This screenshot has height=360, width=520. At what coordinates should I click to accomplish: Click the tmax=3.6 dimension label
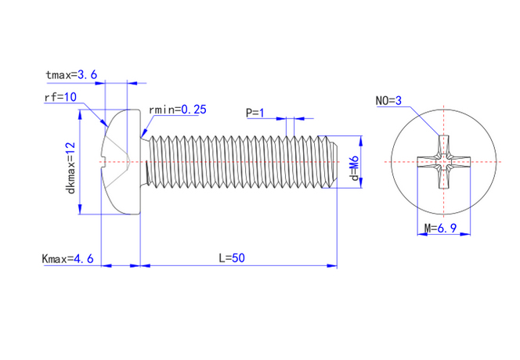coord(71,75)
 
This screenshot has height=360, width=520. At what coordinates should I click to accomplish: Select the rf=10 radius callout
coord(60,97)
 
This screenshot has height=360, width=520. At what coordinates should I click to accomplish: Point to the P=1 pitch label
coord(255,113)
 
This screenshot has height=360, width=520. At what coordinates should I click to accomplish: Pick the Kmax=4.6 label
coord(67,257)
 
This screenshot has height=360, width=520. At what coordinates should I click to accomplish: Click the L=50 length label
coord(232,257)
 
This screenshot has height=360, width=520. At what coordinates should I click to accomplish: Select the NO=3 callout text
coord(388,102)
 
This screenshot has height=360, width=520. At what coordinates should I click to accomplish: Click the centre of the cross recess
coord(444,164)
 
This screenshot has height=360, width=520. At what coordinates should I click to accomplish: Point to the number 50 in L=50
coord(238,257)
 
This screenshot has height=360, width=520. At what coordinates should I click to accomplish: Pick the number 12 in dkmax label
coord(70,148)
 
